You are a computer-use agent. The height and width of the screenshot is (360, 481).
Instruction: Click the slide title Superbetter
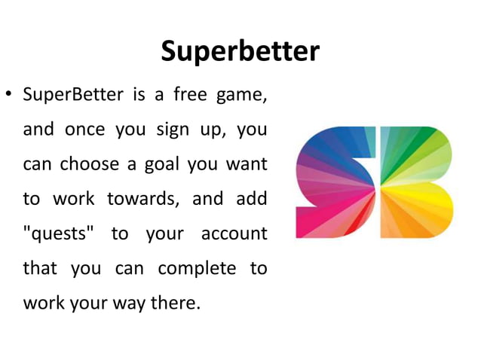click(240, 52)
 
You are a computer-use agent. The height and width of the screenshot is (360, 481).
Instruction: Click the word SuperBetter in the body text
click(65, 96)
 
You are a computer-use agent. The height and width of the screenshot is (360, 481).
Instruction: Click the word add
click(252, 200)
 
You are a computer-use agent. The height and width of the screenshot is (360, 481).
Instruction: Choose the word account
click(234, 234)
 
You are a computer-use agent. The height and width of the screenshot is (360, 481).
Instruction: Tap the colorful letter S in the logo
click(334, 182)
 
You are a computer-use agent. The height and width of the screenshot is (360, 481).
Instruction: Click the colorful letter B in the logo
click(416, 182)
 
